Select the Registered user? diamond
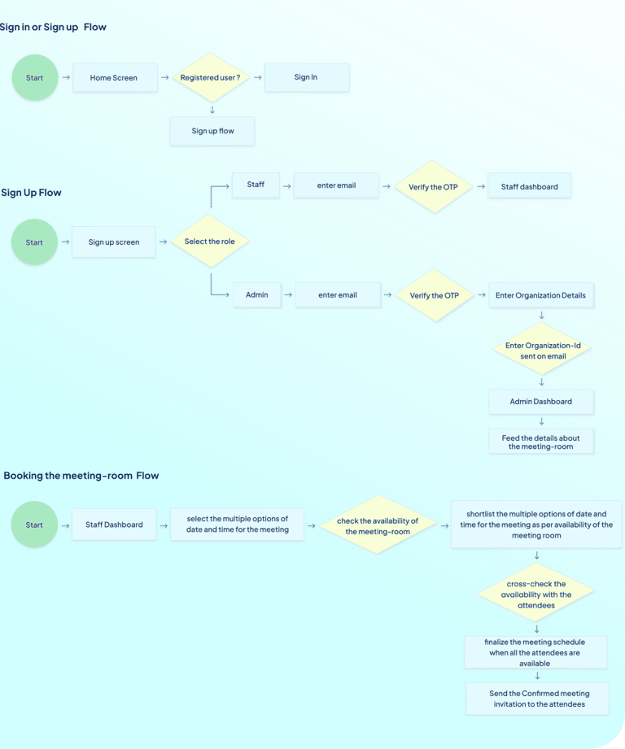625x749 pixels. pyautogui.click(x=210, y=77)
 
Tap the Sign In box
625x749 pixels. pyautogui.click(x=307, y=77)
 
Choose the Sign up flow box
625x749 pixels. pyautogui.click(x=212, y=131)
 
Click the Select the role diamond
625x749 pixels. pyautogui.click(x=209, y=242)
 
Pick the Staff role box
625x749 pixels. pyautogui.click(x=256, y=185)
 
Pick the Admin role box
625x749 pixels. pyautogui.click(x=257, y=294)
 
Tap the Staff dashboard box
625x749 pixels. pyautogui.click(x=530, y=185)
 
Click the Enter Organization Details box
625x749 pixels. pyautogui.click(x=541, y=295)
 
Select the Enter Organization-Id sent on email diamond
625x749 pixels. pyautogui.click(x=542, y=350)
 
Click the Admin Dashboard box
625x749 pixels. pyautogui.click(x=541, y=402)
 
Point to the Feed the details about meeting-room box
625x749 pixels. pyautogui.click(x=541, y=442)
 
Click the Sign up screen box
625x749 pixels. pyautogui.click(x=114, y=242)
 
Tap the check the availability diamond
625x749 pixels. pyautogui.click(x=378, y=525)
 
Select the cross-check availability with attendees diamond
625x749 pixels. pyautogui.click(x=536, y=594)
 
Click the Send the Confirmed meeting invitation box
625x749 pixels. pyautogui.click(x=538, y=699)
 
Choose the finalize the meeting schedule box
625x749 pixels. pyautogui.click(x=535, y=652)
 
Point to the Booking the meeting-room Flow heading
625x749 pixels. pyautogui.click(x=81, y=476)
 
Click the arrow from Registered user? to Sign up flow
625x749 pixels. pyautogui.click(x=212, y=110)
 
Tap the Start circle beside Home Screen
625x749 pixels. pyautogui.click(x=35, y=77)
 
